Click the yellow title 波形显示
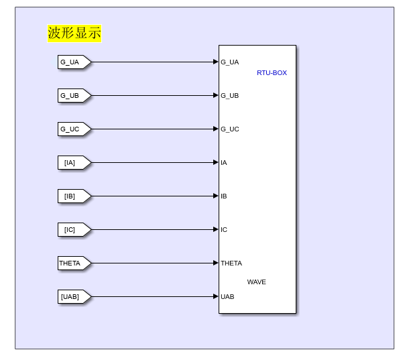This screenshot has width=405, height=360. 74,34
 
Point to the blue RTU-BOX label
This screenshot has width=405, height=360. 272,73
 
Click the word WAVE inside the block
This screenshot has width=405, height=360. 256,282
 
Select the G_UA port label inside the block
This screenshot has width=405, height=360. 230,62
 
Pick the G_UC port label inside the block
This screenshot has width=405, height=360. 230,129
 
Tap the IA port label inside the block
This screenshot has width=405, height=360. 224,163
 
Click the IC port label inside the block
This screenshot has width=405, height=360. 224,230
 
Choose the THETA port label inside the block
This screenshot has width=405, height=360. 231,263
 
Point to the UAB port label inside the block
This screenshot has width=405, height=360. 227,297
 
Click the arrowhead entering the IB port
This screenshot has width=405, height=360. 215,196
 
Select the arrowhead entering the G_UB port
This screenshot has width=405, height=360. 215,96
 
